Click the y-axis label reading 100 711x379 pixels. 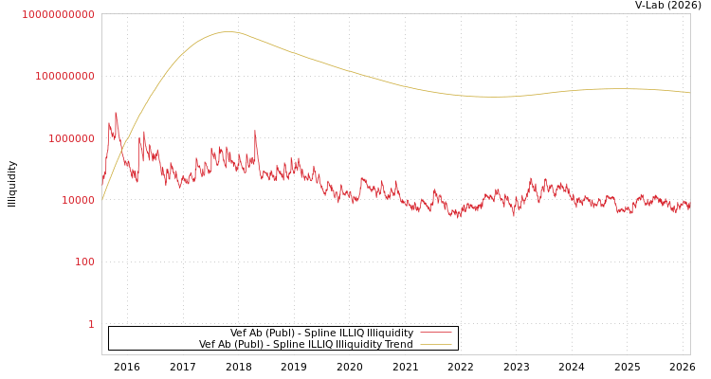(84, 262)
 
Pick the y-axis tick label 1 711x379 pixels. (91, 324)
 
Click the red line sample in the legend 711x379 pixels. (435, 333)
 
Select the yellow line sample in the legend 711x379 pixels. (435, 344)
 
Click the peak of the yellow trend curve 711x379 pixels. (228, 32)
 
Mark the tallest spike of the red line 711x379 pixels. (116, 114)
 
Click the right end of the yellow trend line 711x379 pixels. (689, 93)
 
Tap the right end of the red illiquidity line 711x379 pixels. (689, 205)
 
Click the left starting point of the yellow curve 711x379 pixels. (102, 199)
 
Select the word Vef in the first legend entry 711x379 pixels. (239, 333)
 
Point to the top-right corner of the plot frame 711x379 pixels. (690, 13)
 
